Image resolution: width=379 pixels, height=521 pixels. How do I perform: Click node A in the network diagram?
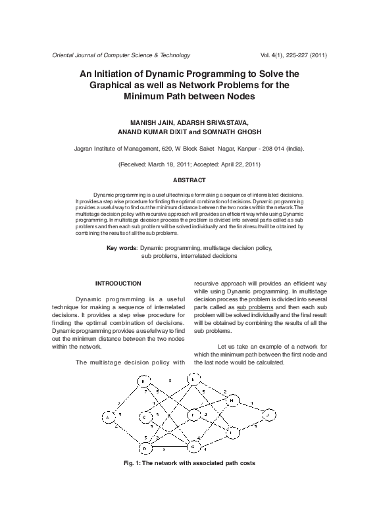(107, 416)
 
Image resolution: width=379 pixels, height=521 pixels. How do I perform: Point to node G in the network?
(193, 448)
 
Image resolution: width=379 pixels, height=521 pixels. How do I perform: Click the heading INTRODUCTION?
(118, 284)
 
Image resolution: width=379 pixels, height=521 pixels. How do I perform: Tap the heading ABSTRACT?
(189, 180)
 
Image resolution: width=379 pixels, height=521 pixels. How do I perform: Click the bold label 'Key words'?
(122, 248)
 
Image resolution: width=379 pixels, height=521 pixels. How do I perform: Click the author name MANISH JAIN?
(154, 122)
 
